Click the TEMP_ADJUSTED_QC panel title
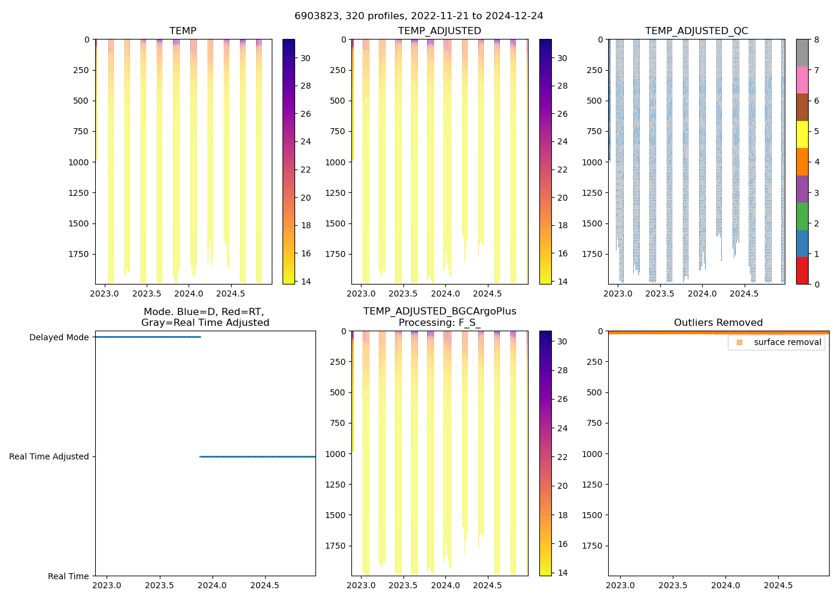(x=696, y=31)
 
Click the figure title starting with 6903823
(x=419, y=16)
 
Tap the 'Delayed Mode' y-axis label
(x=59, y=337)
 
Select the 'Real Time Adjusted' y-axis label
(x=49, y=456)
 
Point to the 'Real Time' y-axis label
(x=68, y=576)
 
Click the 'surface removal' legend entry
(x=787, y=342)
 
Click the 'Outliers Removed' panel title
(x=718, y=323)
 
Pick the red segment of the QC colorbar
(x=802, y=270)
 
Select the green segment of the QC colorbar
(x=802, y=216)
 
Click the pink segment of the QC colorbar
(x=802, y=80)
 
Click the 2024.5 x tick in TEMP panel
(x=230, y=294)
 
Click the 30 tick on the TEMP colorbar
(x=305, y=58)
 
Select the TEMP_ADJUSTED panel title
(x=439, y=31)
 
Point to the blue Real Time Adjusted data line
(x=257, y=456)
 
